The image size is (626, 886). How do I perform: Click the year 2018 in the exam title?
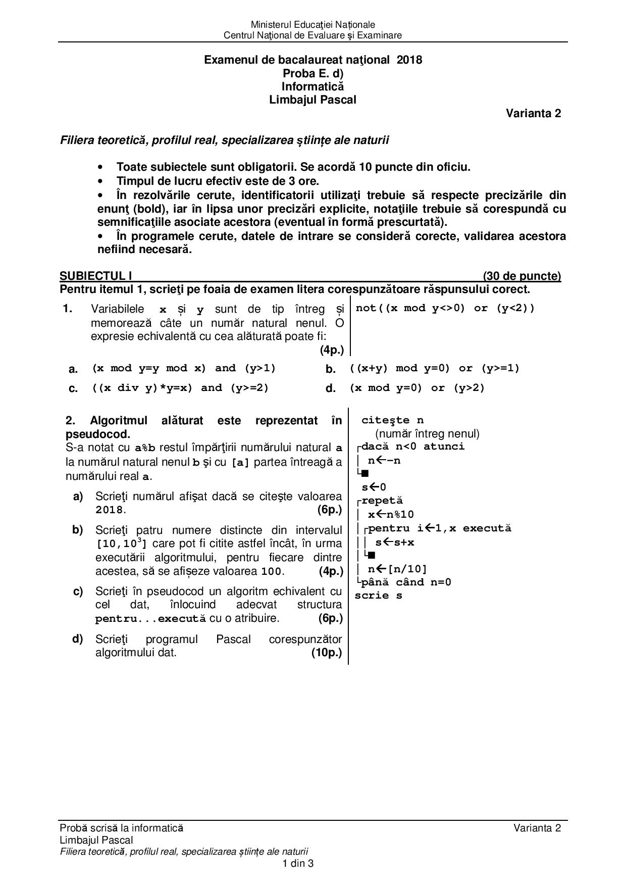coord(409,60)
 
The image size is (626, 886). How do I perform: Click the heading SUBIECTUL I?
coord(96,276)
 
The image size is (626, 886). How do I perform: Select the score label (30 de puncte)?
coord(521,276)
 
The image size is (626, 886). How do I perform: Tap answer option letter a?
coord(73,369)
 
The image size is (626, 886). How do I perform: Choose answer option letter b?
coord(331,369)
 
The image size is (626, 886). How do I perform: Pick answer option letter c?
coord(73,388)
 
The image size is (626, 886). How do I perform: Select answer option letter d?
coord(331,388)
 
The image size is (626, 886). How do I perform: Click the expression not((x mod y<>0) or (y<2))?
coord(445,308)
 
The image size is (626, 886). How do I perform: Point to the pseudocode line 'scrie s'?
coord(379,596)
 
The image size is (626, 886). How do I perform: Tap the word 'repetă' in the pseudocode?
coord(382,501)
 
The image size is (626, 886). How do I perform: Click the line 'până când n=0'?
coord(406,582)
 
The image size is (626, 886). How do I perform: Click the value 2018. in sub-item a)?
coord(111,510)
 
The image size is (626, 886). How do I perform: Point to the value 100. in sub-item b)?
coord(273,572)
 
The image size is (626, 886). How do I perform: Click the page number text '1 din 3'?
coord(298,863)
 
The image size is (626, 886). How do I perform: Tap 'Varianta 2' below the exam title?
coord(533,114)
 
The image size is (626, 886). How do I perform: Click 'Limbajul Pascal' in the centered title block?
coord(312,100)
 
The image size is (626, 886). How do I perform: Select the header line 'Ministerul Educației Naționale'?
coord(312,25)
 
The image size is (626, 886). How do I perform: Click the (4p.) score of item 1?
coord(331,350)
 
